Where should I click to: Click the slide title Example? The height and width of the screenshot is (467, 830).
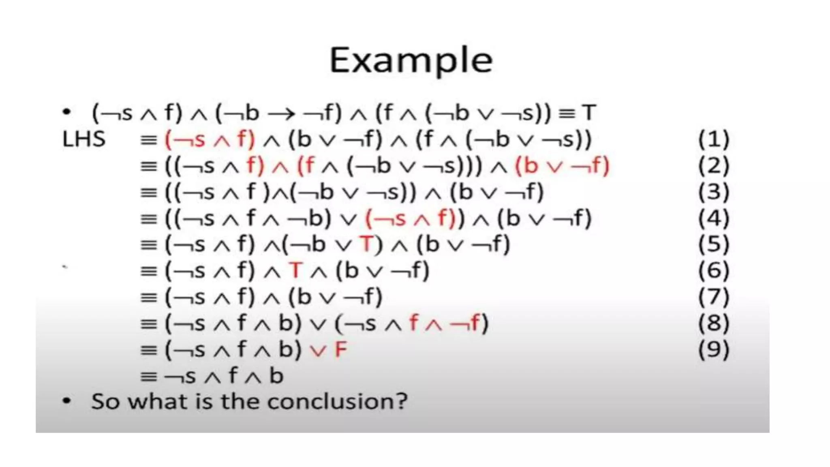tap(411, 60)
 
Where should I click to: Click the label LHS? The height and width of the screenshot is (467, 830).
tap(84, 139)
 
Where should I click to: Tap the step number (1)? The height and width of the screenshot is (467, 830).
tap(714, 139)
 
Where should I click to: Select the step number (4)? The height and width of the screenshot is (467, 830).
tap(714, 219)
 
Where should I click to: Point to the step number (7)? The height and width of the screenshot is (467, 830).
tap(714, 297)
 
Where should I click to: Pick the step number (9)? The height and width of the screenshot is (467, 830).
tap(714, 349)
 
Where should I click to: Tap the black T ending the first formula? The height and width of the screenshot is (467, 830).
tap(589, 113)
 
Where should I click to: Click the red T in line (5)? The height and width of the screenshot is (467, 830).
tap(366, 244)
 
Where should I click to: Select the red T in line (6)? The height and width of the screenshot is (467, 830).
tap(296, 270)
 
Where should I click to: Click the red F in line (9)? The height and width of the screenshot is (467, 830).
tap(341, 349)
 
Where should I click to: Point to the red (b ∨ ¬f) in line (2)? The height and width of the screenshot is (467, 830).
tap(562, 166)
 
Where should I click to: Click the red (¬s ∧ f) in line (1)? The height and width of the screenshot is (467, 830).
tap(210, 139)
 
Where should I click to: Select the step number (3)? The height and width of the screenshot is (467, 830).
tap(714, 192)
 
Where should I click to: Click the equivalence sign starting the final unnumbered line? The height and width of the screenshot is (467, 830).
tap(148, 377)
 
